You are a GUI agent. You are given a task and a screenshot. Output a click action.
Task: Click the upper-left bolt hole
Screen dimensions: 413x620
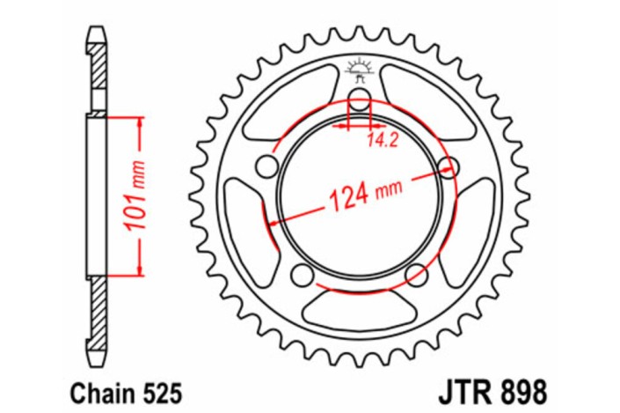[265, 166]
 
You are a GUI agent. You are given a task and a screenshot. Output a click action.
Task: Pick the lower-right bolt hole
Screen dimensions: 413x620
[416, 276]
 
